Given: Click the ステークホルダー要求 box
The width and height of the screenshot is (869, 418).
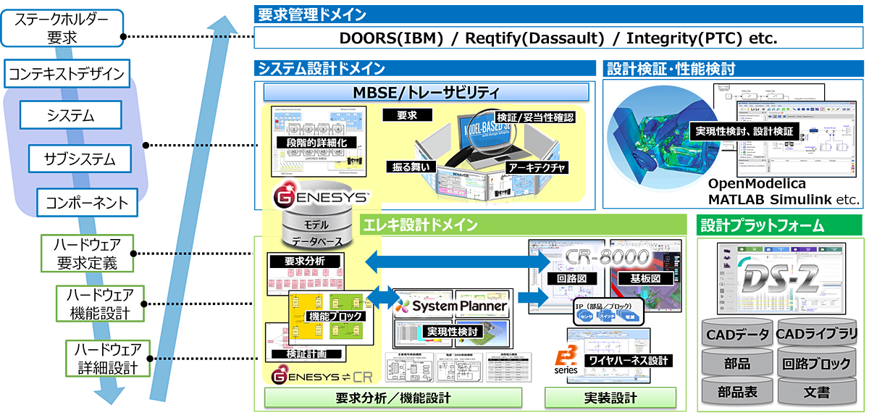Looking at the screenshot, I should pos(62,27).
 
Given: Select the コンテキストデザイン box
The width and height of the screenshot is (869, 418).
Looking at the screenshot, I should pos(66,73).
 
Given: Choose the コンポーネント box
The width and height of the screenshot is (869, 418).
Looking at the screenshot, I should pos(86,202).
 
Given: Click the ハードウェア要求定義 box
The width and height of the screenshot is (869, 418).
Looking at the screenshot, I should pos(88,253).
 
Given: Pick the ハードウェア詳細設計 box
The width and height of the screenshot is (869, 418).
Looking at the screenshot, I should pos(107,359).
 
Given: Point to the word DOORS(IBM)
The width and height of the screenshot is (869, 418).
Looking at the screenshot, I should pos(391,38).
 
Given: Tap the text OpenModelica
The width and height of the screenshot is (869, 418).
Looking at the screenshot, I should pos(757,184).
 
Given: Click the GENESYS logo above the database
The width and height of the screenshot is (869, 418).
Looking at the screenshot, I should pos(321,197).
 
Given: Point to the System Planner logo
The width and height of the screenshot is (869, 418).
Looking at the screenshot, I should pos(451,306).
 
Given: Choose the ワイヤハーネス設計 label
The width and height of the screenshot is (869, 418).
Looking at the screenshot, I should pos(627,360).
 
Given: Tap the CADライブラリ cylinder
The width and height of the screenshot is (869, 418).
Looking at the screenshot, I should pos(816,334).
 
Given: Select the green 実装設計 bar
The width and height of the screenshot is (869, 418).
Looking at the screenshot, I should pos(610,398).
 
